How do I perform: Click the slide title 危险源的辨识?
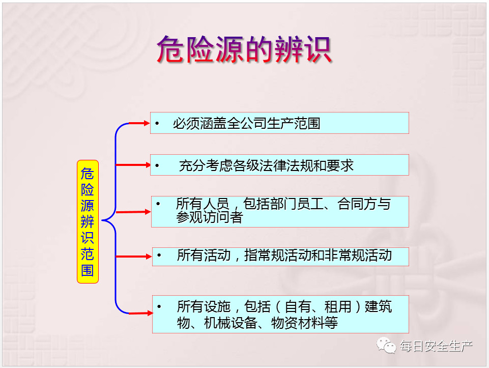(244, 49)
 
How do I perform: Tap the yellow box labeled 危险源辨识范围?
(88, 222)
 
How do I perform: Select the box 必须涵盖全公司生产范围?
(279, 123)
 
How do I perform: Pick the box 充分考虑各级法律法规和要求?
(279, 165)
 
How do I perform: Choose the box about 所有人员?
(280, 211)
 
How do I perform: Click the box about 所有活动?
(281, 257)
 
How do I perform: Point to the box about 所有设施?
(281, 315)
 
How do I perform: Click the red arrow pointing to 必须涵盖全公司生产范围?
(139, 123)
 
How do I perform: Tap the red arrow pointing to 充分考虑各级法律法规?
(133, 165)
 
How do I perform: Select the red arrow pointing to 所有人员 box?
(133, 212)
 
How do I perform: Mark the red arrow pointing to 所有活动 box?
(134, 257)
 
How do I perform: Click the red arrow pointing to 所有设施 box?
(140, 313)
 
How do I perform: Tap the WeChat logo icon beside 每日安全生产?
(386, 346)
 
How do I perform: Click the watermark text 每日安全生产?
(436, 346)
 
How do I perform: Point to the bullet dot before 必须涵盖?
(157, 124)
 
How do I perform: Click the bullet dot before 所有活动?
(159, 256)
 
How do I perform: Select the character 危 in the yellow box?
(88, 174)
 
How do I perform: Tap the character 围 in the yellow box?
(88, 270)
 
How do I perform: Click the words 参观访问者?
(210, 217)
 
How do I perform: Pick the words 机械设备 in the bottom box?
(231, 323)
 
